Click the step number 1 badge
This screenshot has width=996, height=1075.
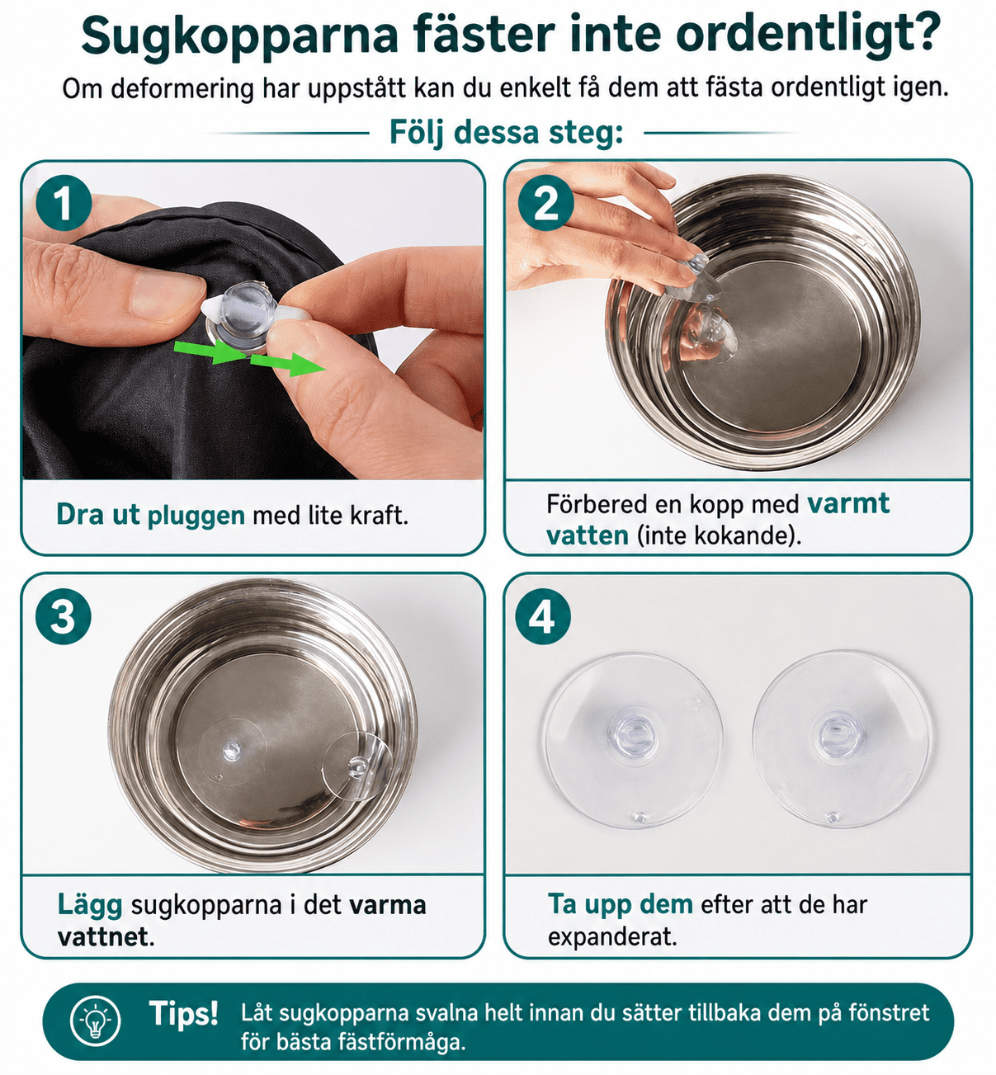pos(64,203)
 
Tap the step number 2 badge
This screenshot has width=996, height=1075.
pos(545,203)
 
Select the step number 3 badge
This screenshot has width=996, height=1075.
pos(64,616)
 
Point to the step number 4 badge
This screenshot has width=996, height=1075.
pos(543,616)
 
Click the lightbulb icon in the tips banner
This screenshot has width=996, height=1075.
pos(96,1021)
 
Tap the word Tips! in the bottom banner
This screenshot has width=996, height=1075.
pos(183,1013)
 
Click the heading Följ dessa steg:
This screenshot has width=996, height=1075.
pos(507,133)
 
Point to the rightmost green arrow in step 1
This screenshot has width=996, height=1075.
pos(287,364)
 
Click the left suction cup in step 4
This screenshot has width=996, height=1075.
pos(633,741)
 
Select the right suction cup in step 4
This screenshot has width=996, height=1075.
pos(841,739)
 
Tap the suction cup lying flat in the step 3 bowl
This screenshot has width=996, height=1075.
pos(231,752)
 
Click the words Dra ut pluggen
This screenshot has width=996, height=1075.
pos(150,516)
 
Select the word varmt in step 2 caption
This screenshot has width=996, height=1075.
pos(848,504)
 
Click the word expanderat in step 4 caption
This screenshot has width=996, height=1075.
pos(612,936)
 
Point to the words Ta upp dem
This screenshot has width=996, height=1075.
pos(621,904)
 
